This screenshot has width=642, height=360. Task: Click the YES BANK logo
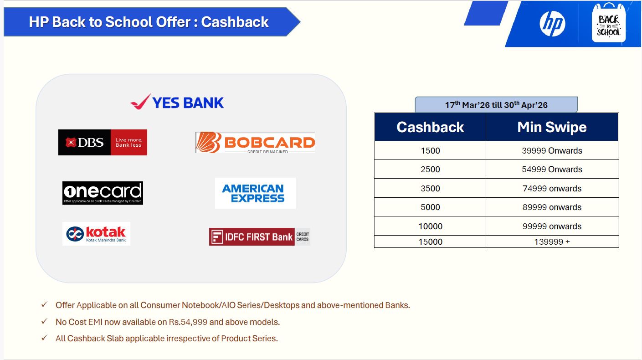tap(177, 102)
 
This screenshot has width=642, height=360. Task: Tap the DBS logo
tap(103, 142)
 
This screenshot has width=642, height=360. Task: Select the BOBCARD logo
tap(255, 143)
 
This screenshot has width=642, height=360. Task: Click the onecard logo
tap(103, 193)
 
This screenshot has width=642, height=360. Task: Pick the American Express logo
tap(255, 193)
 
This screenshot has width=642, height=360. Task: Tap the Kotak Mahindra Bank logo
tap(96, 234)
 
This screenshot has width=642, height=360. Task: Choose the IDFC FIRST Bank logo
tap(259, 237)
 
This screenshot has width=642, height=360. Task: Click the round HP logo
tap(552, 24)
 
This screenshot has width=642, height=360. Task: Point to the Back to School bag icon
tap(609, 23)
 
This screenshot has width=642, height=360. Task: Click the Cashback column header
tap(430, 127)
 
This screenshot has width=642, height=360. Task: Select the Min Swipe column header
tap(552, 127)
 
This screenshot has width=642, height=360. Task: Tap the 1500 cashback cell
tap(430, 150)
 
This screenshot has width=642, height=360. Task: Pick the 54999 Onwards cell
tap(552, 170)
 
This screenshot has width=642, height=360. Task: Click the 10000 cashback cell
tap(430, 226)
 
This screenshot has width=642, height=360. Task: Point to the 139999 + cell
tap(552, 242)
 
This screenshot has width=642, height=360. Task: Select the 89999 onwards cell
tap(552, 207)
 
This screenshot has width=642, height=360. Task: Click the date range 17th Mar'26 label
tap(496, 105)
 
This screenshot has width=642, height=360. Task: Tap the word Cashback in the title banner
tap(235, 22)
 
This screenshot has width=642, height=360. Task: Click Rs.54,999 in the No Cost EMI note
tap(188, 322)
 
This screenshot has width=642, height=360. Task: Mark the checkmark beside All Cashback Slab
tap(44, 338)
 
